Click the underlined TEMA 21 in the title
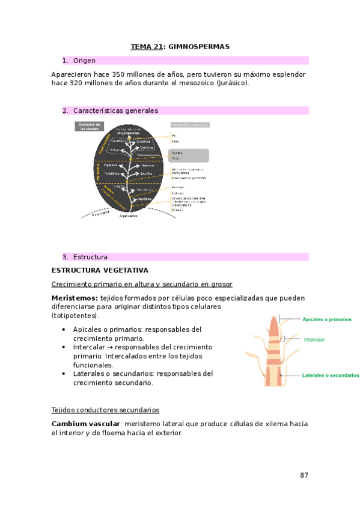pyautogui.click(x=147, y=46)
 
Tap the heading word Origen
pyautogui.click(x=84, y=61)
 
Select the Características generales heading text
pyautogui.click(x=115, y=110)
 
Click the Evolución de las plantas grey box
pyautogui.click(x=89, y=126)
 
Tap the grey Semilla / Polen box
pyautogui.click(x=189, y=155)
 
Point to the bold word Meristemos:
pyautogui.click(x=75, y=298)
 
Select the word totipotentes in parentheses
pyautogui.click(x=75, y=315)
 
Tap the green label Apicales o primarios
pyautogui.click(x=327, y=319)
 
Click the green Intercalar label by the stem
pyautogui.click(x=314, y=339)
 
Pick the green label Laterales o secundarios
pyautogui.click(x=331, y=375)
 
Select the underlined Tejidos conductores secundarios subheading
pyautogui.click(x=106, y=410)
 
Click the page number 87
pyautogui.click(x=304, y=475)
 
